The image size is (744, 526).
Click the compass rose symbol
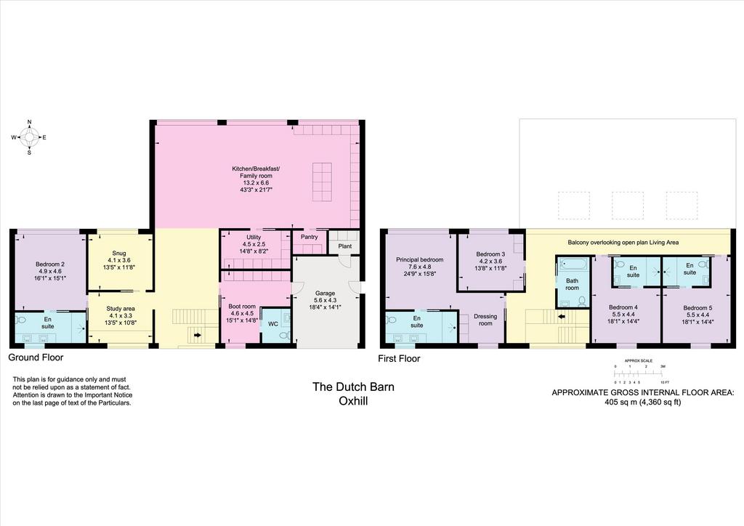(29, 137)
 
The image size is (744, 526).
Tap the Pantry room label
(310, 237)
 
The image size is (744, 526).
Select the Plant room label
(345, 246)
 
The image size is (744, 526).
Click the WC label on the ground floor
(273, 324)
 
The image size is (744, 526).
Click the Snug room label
(119, 254)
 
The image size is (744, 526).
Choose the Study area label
(121, 309)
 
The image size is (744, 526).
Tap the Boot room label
(242, 307)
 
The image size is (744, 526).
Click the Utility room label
(254, 237)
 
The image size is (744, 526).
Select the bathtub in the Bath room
(573, 264)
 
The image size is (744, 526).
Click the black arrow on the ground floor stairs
(198, 335)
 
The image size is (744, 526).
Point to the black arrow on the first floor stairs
(562, 317)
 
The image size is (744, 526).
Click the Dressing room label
(485, 320)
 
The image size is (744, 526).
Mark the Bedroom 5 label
(697, 308)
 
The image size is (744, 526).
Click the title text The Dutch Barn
(353, 387)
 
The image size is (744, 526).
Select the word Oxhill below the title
(353, 401)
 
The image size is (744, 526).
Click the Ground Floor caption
(36, 357)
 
